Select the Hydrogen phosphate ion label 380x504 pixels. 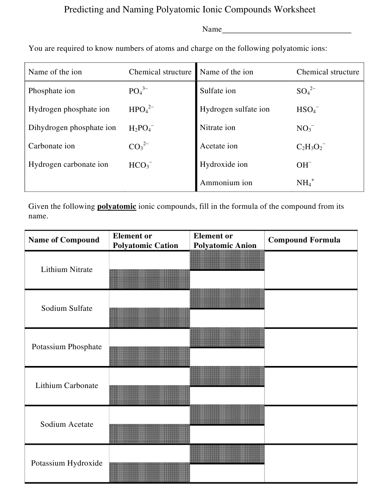[69, 109]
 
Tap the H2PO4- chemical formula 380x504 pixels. [141, 128]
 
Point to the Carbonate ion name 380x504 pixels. [52, 146]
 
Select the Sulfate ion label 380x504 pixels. [218, 91]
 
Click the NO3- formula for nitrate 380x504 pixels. [305, 128]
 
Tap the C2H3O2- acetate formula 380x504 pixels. [311, 146]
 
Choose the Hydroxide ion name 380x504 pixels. [224, 164]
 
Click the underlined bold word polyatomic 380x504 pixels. [117, 207]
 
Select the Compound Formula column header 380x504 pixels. [304, 240]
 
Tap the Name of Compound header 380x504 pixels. [64, 240]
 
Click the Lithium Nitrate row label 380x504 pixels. [67, 270]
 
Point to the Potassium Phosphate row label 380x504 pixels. [67, 347]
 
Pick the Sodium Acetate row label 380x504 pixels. [67, 424]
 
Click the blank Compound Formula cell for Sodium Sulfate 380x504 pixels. [310, 308]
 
